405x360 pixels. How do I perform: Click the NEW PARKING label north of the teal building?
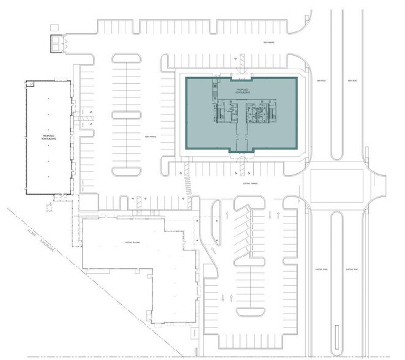[267, 43]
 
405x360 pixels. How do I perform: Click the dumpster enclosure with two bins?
[58, 43]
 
